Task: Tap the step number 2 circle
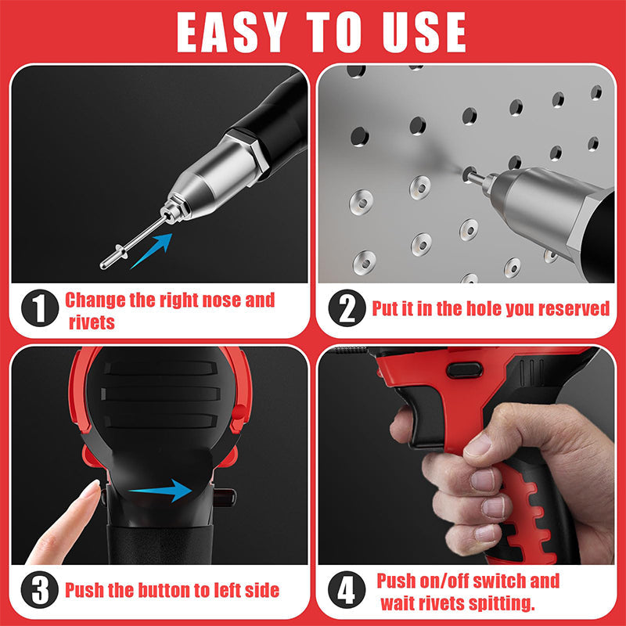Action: point(346,308)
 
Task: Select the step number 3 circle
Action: point(39,588)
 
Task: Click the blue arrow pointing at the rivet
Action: point(152,250)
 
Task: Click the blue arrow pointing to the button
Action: point(160,491)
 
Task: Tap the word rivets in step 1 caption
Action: point(92,322)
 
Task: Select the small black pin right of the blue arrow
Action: point(225,494)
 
